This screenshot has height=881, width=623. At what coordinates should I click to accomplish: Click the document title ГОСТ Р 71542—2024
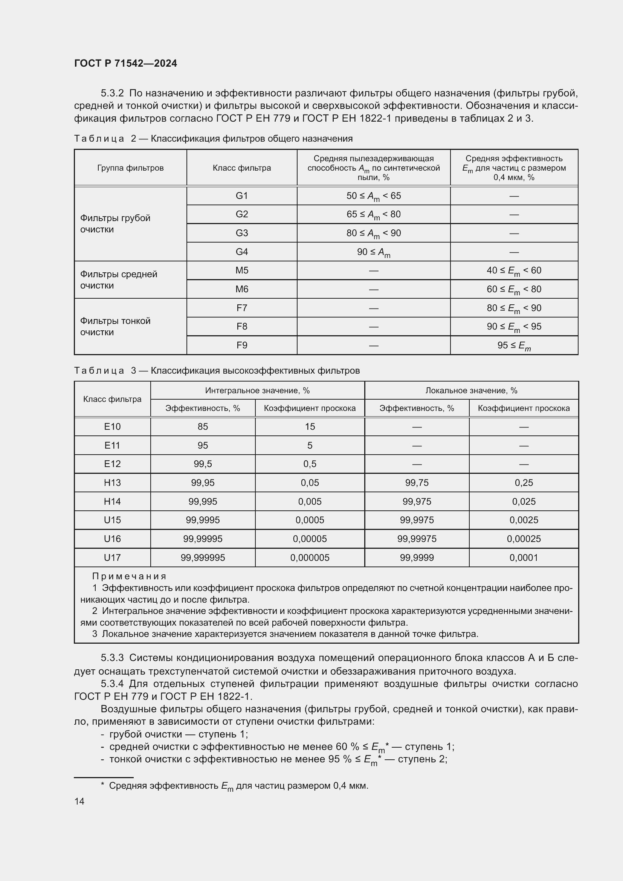pyautogui.click(x=125, y=63)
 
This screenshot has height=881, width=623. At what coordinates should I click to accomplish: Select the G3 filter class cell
pyautogui.click(x=242, y=233)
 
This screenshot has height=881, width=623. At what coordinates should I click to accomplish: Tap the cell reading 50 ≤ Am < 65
pyautogui.click(x=373, y=196)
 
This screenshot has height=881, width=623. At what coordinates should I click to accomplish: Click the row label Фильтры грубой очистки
pyautogui.click(x=115, y=224)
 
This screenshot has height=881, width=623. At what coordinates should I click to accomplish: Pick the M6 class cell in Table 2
pyautogui.click(x=242, y=289)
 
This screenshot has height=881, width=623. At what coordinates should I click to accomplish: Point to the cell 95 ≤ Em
pyautogui.click(x=514, y=345)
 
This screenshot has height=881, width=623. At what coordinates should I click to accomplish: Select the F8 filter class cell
pyautogui.click(x=242, y=326)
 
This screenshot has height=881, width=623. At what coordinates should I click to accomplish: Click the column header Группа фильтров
pyautogui.click(x=130, y=168)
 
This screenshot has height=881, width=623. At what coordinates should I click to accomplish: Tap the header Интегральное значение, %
pyautogui.click(x=257, y=390)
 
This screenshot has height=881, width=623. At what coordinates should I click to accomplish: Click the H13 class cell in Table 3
pyautogui.click(x=112, y=482)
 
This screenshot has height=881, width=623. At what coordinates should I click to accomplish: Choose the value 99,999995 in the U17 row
pyautogui.click(x=203, y=557)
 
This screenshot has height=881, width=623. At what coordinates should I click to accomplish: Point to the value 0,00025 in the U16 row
pyautogui.click(x=524, y=539)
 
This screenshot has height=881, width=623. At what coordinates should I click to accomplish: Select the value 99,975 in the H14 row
pyautogui.click(x=417, y=501)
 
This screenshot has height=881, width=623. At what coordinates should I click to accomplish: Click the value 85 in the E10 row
pyautogui.click(x=203, y=426)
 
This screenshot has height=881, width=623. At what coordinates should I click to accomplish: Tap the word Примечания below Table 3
pyautogui.click(x=129, y=576)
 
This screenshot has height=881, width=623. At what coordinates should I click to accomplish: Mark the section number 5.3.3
pyautogui.click(x=112, y=658)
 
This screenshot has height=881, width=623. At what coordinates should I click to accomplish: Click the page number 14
pyautogui.click(x=79, y=801)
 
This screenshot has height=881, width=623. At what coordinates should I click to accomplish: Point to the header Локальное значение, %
pyautogui.click(x=471, y=390)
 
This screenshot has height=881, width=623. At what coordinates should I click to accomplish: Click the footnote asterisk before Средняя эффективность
pyautogui.click(x=102, y=785)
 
